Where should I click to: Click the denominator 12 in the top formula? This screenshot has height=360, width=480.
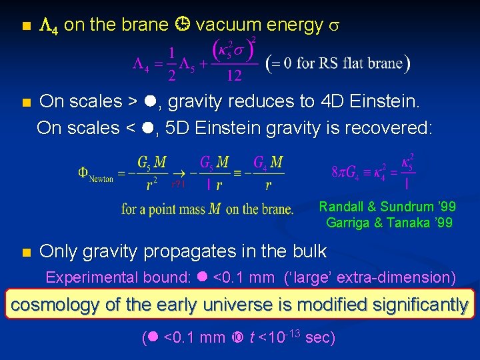click(234, 76)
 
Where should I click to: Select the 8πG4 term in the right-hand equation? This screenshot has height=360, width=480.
click(349, 172)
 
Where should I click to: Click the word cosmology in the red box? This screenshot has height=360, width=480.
click(55, 305)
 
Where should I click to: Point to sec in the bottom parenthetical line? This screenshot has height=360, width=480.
click(320, 337)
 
